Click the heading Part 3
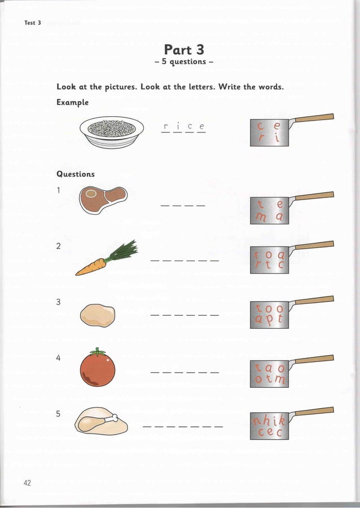[180, 49]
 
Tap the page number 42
[28, 482]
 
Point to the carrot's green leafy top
[123, 251]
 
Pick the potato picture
[97, 315]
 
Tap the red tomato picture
[98, 368]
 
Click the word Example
[72, 103]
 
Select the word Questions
[76, 174]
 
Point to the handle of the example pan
[313, 118]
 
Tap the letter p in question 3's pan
[270, 321]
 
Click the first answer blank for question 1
[165, 205]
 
